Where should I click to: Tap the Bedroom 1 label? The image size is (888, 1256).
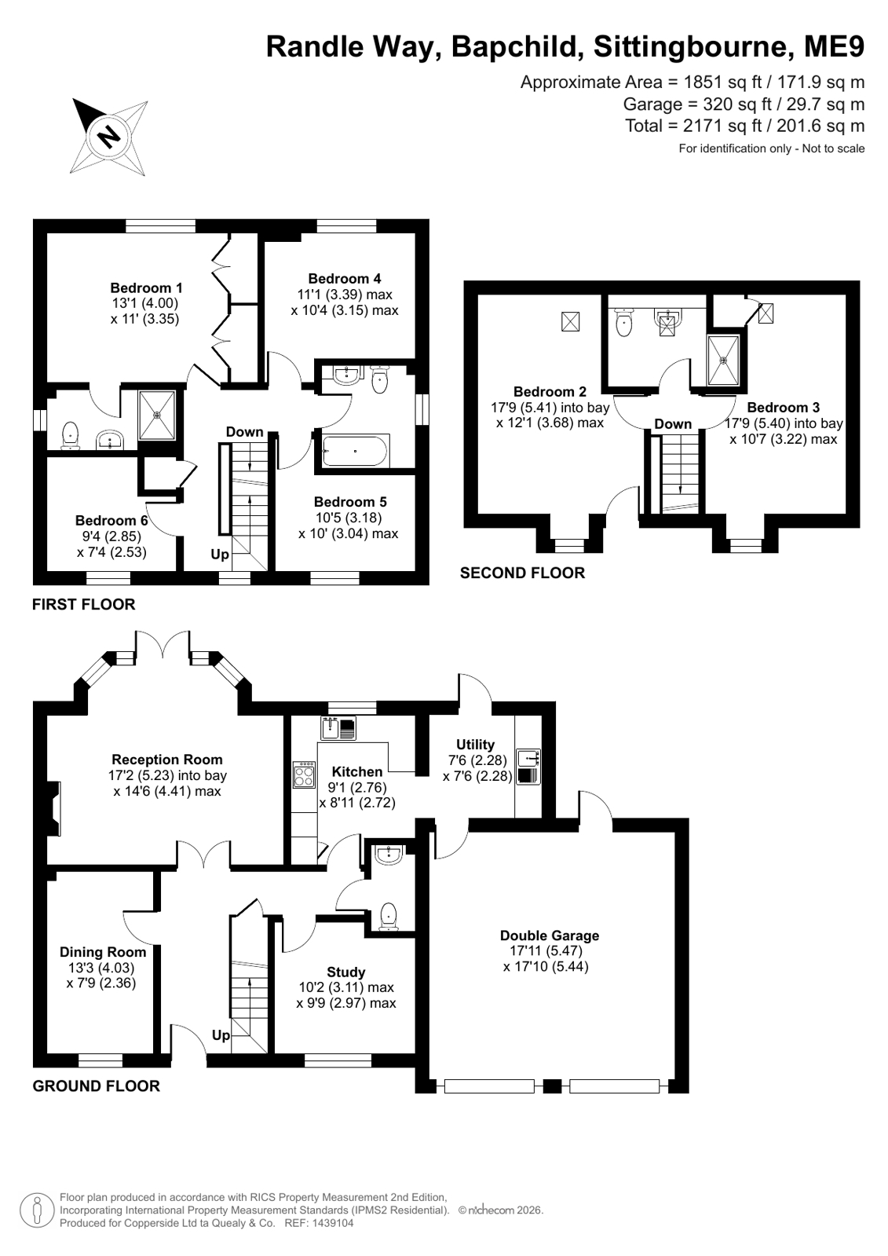pos(146,287)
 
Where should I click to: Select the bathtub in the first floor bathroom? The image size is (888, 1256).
pos(355,450)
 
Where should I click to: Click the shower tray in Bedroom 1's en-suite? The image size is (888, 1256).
pos(157,415)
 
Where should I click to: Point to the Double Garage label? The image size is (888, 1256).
pos(550,936)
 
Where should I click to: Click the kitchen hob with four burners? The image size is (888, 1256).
pos(305,774)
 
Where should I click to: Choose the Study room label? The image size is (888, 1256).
pos(346,972)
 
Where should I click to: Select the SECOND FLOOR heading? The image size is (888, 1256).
pos(522,573)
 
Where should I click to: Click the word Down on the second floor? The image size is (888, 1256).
pos(673,424)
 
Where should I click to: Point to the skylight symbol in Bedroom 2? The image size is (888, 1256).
pos(570,322)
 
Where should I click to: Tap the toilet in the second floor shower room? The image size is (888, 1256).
pos(623,322)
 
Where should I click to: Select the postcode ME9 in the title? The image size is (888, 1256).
pos(834,47)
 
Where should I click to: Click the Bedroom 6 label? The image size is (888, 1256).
pos(111,520)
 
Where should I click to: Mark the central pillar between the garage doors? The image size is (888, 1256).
pos(552,1086)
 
